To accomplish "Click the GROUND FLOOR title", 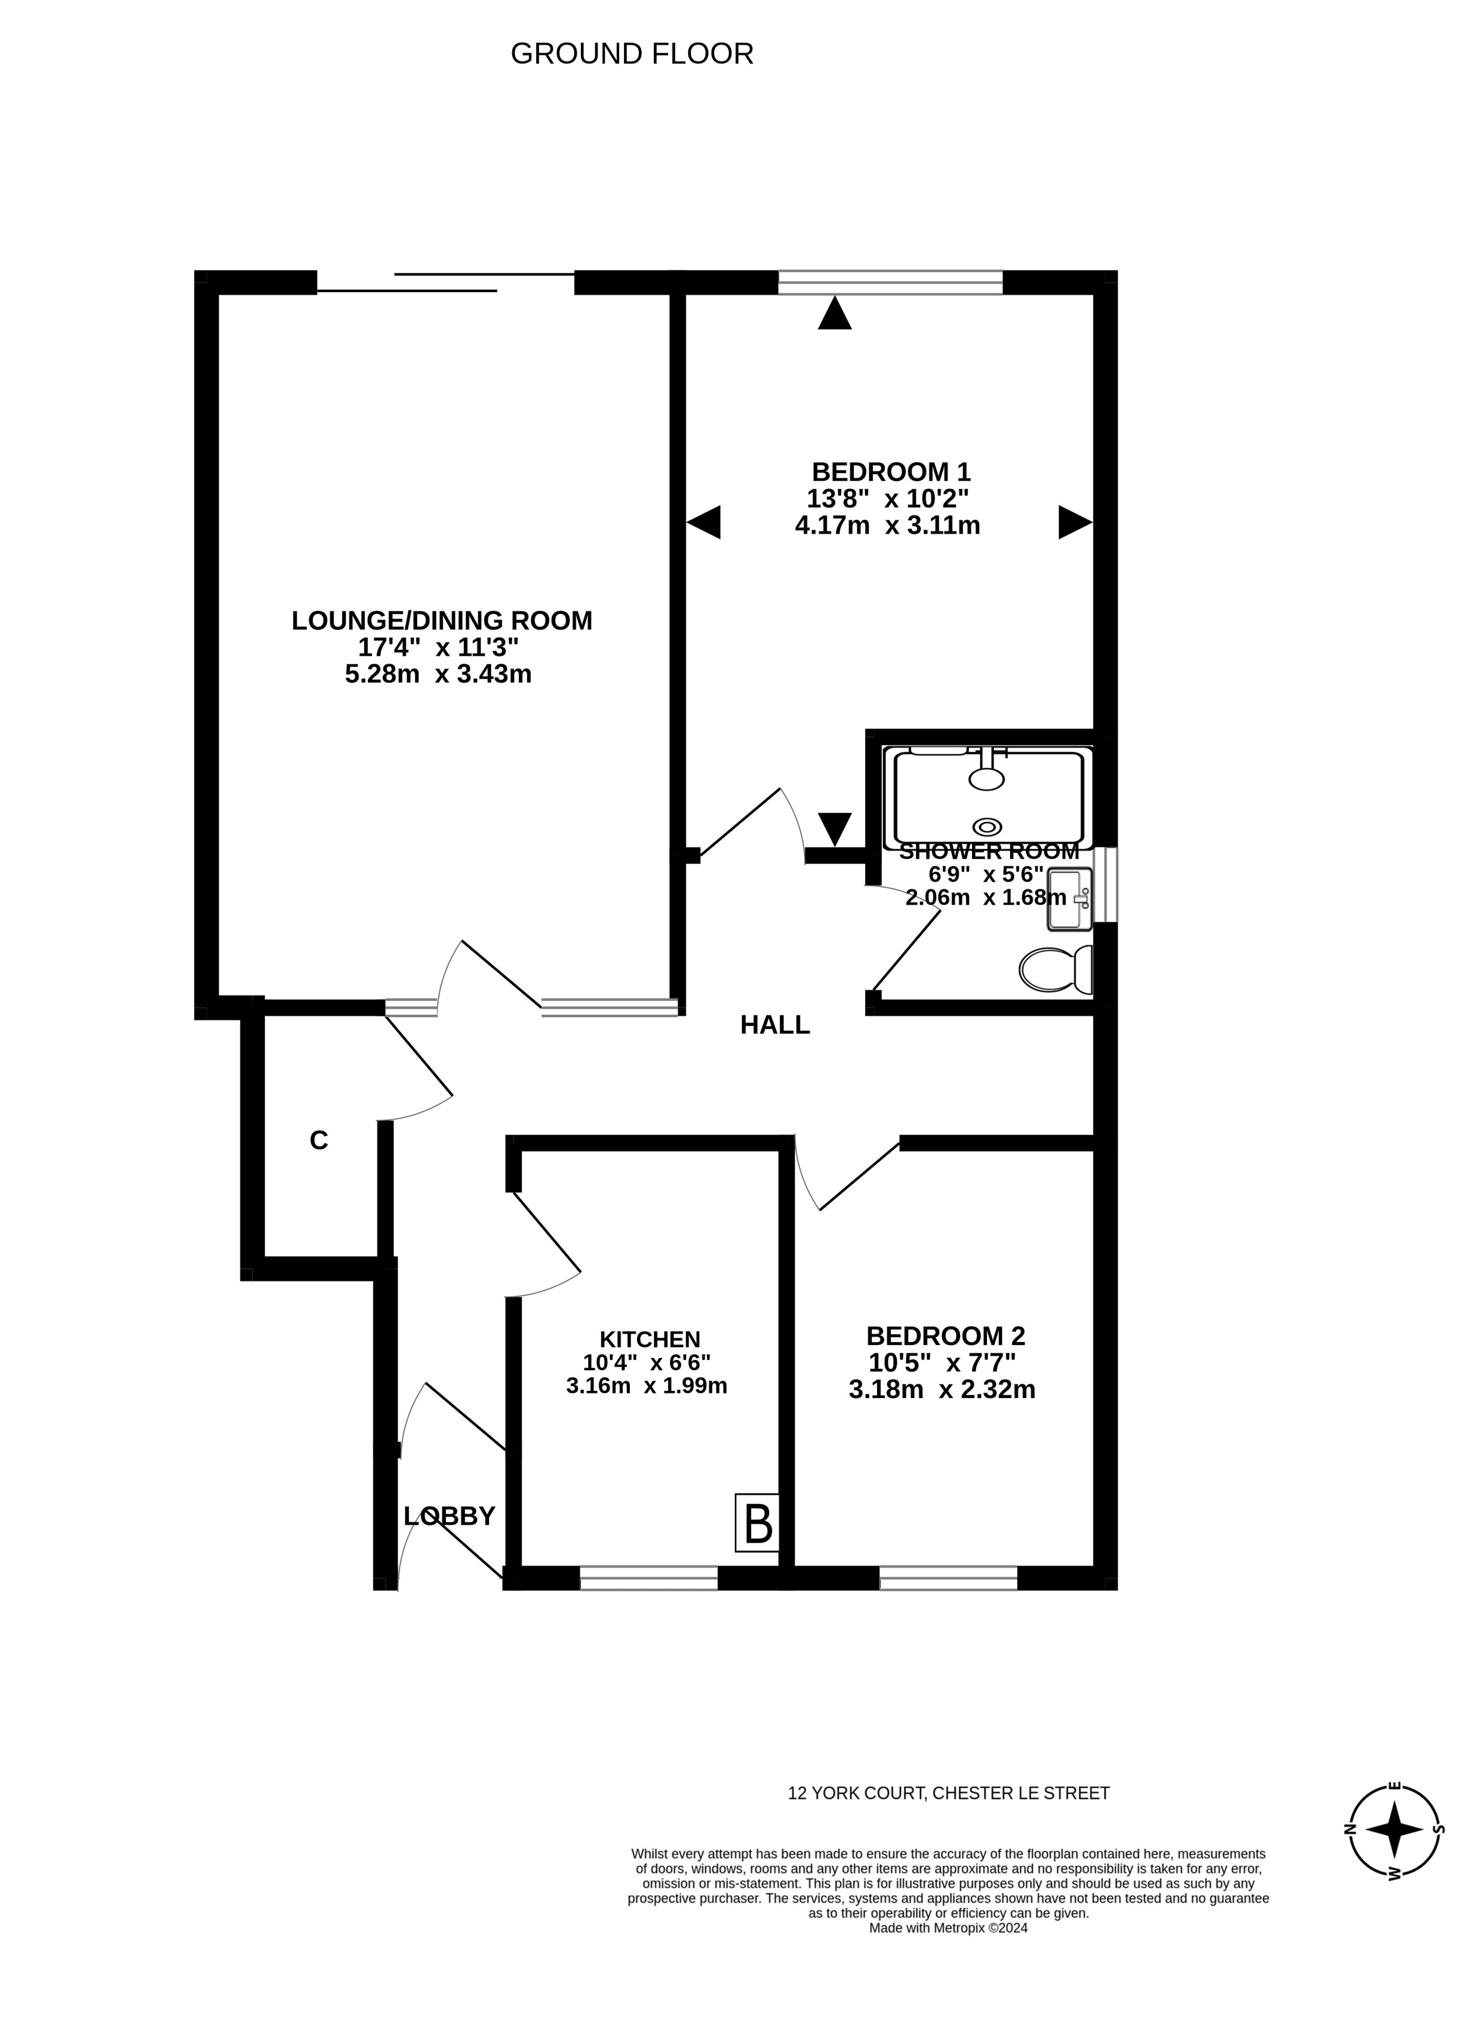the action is [x=631, y=54].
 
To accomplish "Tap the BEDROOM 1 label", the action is [x=890, y=471].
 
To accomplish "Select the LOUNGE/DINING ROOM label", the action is [x=442, y=621].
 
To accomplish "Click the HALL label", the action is [x=774, y=1025].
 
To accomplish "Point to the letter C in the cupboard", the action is [x=318, y=1140].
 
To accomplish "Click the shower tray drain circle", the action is [x=987, y=827].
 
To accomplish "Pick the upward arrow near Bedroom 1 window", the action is [x=835, y=313].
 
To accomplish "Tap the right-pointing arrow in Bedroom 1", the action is [x=1075, y=522].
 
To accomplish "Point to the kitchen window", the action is [x=649, y=1578].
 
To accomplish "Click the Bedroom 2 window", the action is [x=948, y=1578].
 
